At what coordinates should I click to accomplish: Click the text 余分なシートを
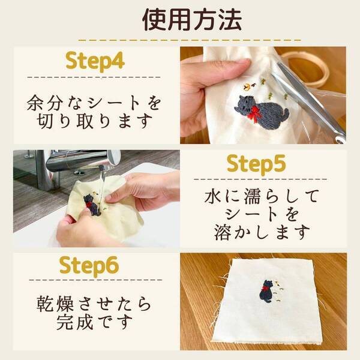[95, 101]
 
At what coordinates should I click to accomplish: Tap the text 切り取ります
[95, 121]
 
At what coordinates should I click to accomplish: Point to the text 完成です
[95, 323]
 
